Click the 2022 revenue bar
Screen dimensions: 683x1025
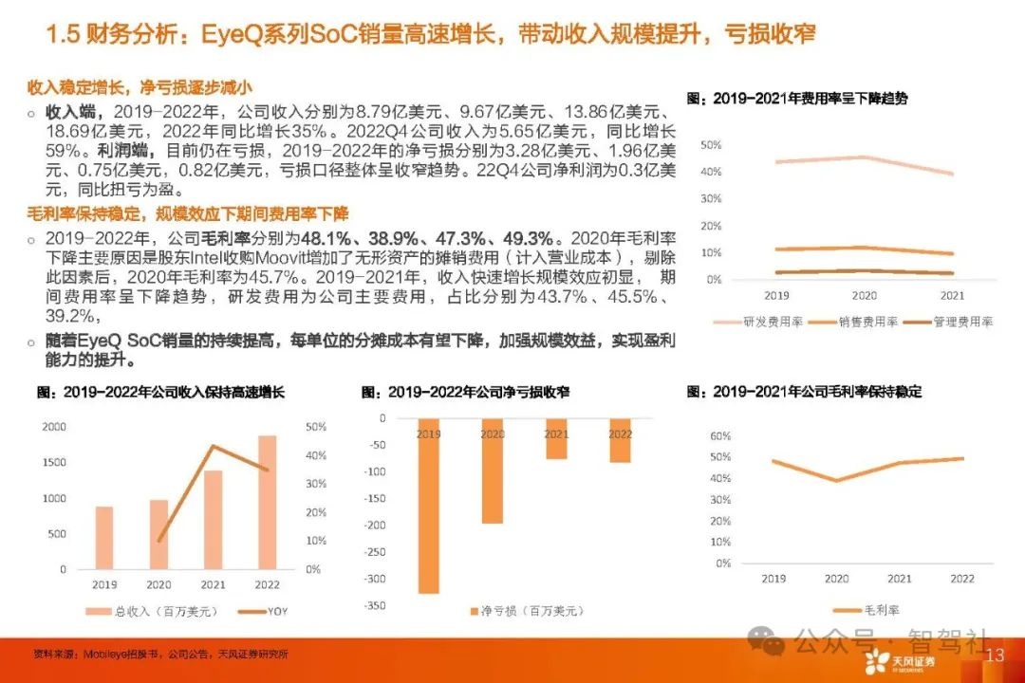269,503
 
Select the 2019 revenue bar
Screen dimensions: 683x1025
103,537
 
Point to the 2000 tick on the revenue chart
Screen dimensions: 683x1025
54,428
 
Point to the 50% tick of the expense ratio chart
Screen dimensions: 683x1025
710,145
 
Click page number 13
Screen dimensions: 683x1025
996,655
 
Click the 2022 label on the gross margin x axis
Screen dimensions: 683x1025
961,578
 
